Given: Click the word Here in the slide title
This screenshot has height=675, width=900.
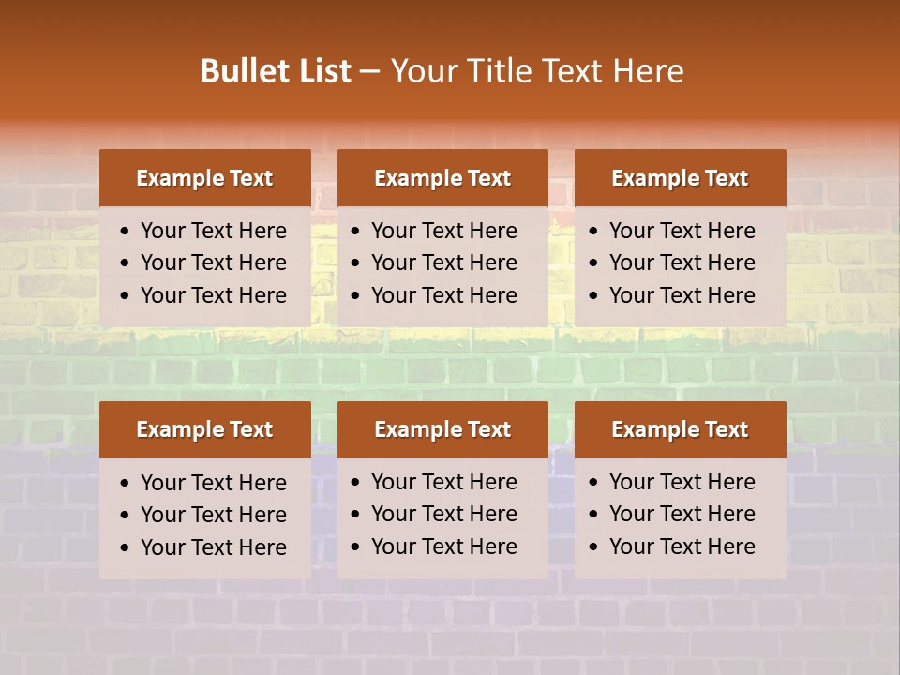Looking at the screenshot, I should click(x=648, y=71).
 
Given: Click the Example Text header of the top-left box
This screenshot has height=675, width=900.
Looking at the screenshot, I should click(x=204, y=178).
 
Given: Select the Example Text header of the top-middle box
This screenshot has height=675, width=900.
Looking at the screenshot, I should click(x=442, y=178).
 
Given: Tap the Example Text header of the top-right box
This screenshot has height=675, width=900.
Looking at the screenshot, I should click(x=680, y=178).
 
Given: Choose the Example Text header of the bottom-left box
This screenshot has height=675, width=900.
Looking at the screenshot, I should click(x=204, y=429).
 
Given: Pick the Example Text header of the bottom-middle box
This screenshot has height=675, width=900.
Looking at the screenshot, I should click(x=442, y=429).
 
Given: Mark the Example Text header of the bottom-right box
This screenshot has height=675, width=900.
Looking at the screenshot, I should click(x=680, y=429).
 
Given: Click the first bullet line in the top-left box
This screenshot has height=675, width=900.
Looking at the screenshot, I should click(x=214, y=231).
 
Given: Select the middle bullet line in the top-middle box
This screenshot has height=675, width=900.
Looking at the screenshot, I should click(x=444, y=262).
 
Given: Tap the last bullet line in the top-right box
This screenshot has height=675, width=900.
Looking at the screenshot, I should click(x=682, y=295).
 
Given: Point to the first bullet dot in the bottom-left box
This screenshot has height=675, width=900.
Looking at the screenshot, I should click(x=126, y=484).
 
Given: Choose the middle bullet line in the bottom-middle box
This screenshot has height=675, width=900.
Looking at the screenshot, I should click(x=444, y=514).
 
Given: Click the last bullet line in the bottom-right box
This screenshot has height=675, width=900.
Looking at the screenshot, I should click(x=682, y=547).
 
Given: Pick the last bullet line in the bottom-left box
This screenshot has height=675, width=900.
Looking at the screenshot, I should click(x=214, y=547).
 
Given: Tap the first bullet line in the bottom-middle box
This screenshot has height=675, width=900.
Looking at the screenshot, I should click(x=444, y=482).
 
